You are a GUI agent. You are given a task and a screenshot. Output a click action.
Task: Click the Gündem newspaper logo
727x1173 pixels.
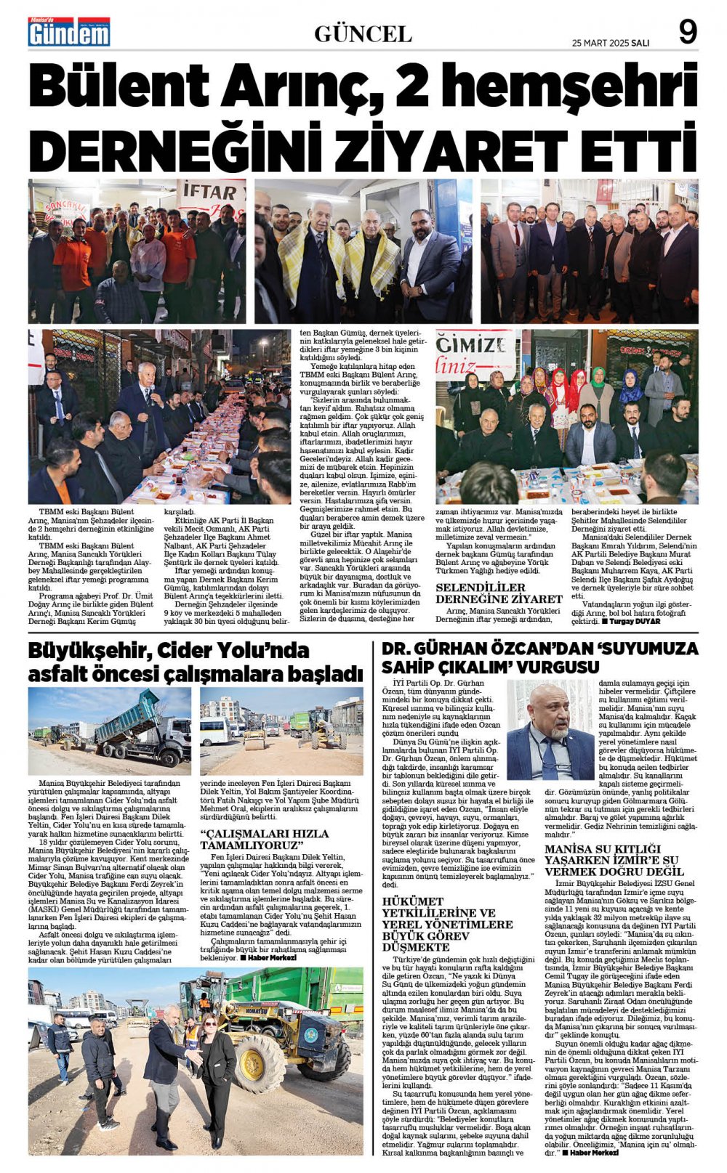[x=69, y=33]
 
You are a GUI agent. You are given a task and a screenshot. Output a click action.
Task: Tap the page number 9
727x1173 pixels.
[x=687, y=32]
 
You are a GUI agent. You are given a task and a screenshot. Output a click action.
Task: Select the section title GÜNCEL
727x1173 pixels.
[x=363, y=33]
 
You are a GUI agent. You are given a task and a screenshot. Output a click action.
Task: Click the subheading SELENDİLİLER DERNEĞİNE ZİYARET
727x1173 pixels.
[x=499, y=593]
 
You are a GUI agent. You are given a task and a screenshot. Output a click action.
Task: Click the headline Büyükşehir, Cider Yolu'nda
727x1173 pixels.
[x=169, y=649]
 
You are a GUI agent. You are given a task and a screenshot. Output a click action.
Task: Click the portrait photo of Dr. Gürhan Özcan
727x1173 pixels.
[x=550, y=730]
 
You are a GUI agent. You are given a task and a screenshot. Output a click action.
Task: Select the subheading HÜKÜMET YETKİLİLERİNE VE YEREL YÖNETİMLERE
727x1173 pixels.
[x=448, y=924]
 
